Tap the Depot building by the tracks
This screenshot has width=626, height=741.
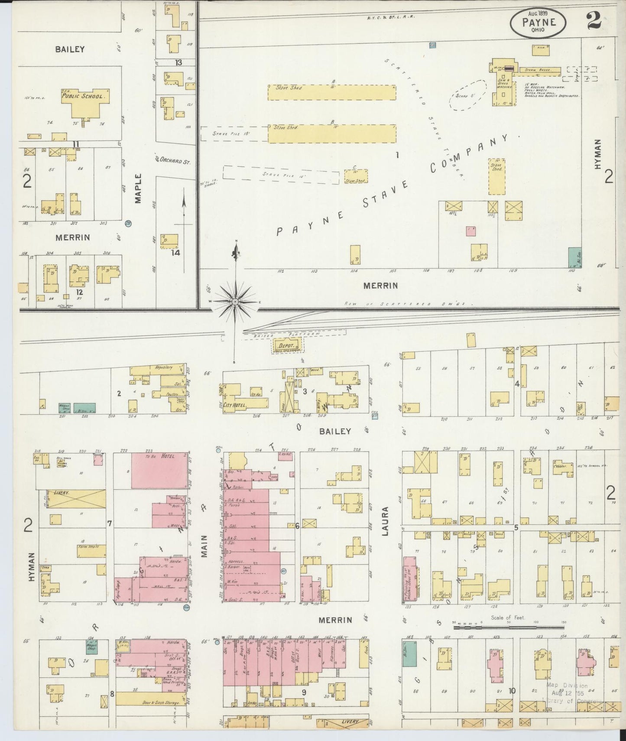coord(286,347)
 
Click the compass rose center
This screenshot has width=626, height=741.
coord(235,301)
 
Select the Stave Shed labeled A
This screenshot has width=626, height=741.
coord(331,92)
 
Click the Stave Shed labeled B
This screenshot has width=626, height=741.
coord(331,133)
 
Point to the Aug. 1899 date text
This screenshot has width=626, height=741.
coord(538,14)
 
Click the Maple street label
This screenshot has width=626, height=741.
coord(138,188)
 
